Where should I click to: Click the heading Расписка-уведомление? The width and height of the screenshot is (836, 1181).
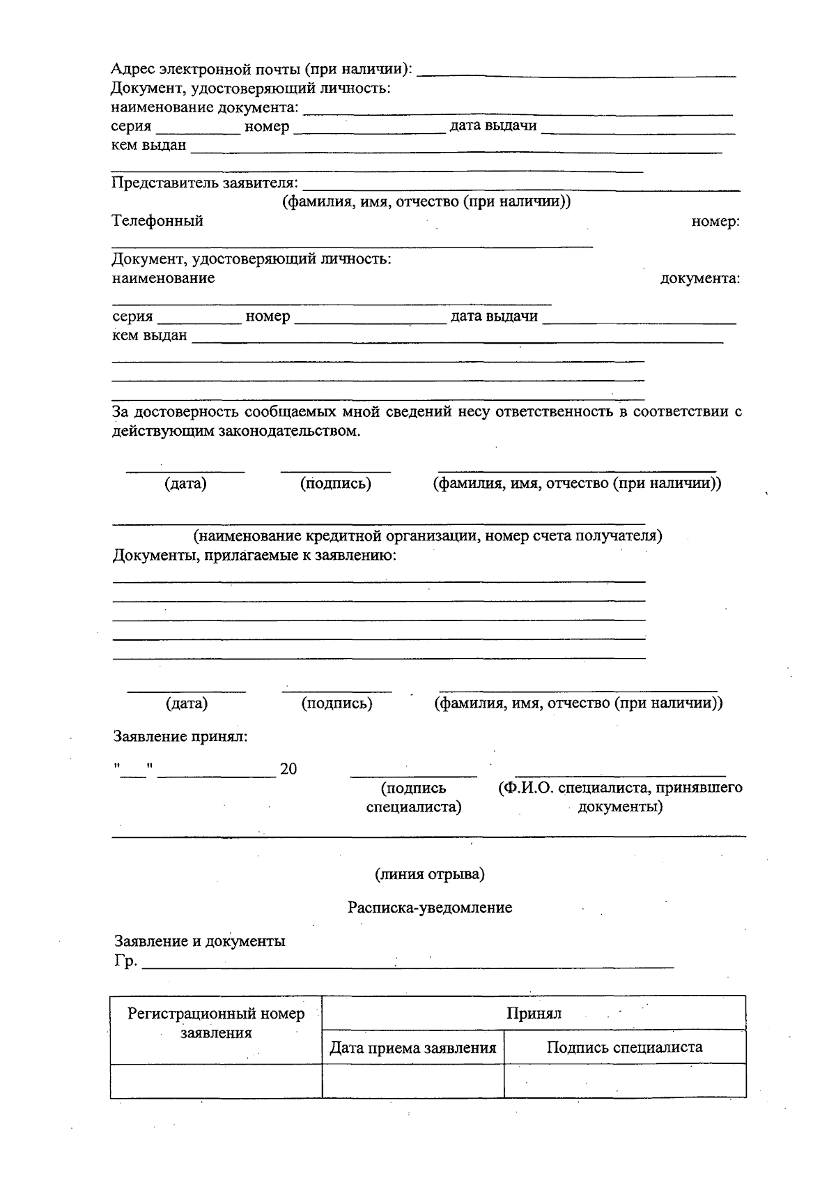(x=430, y=908)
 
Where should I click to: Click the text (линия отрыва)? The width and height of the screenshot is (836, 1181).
(x=430, y=874)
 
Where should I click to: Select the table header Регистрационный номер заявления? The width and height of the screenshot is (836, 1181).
(x=216, y=1023)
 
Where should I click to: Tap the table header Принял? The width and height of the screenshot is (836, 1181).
(x=534, y=1013)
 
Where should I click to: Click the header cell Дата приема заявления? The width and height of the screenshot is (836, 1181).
(x=413, y=1047)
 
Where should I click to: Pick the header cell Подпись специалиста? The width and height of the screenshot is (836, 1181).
(x=624, y=1047)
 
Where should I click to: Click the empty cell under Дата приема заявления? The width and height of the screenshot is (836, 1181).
(x=413, y=1081)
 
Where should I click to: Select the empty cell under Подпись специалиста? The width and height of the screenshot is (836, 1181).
(x=624, y=1081)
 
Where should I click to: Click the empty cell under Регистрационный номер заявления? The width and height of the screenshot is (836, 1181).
(x=216, y=1081)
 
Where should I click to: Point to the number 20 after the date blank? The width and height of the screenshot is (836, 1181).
(x=288, y=769)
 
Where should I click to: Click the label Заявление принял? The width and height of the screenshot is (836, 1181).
(x=180, y=736)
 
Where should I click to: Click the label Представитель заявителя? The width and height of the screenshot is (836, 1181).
(x=205, y=183)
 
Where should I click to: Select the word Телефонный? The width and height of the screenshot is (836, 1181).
(x=158, y=221)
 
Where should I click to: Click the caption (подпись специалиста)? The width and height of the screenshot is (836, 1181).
(x=414, y=798)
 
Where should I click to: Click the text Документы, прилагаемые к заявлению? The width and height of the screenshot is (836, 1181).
(x=255, y=556)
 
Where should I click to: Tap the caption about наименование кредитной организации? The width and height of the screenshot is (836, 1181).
(x=428, y=535)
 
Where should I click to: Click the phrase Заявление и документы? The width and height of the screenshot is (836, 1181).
(x=200, y=941)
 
